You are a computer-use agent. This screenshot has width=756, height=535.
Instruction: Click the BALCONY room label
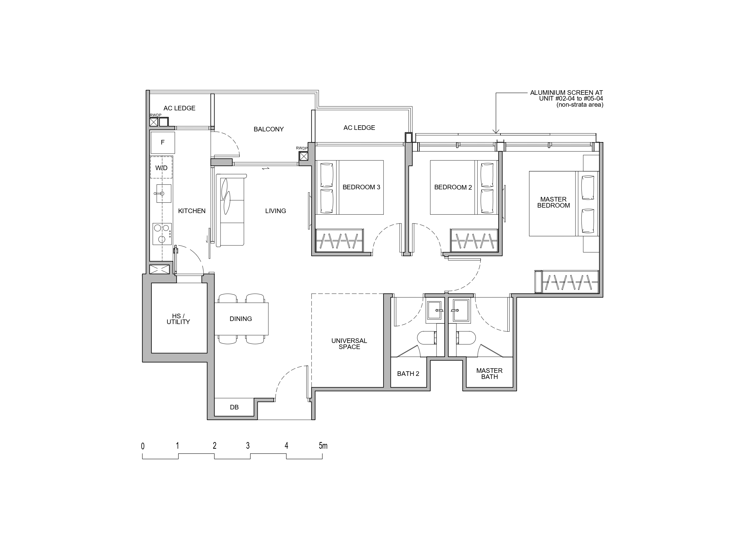(268, 129)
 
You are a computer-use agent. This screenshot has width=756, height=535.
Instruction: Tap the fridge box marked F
(163, 142)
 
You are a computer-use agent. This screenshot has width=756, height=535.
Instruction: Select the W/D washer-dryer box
(161, 167)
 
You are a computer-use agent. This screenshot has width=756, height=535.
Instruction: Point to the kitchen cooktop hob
(162, 234)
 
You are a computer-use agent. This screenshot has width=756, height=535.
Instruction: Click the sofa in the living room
(230, 210)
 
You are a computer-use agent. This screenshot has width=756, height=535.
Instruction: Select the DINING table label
(241, 319)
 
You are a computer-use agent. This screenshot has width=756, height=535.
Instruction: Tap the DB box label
(234, 407)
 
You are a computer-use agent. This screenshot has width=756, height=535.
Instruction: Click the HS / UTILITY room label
(178, 319)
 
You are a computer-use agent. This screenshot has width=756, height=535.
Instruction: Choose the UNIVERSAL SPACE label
(349, 344)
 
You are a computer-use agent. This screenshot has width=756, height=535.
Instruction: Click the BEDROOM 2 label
(453, 187)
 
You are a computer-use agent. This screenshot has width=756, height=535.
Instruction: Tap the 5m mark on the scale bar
(323, 446)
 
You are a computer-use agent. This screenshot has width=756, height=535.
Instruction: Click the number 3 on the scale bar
(248, 446)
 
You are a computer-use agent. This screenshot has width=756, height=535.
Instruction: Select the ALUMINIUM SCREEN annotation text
(567, 98)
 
